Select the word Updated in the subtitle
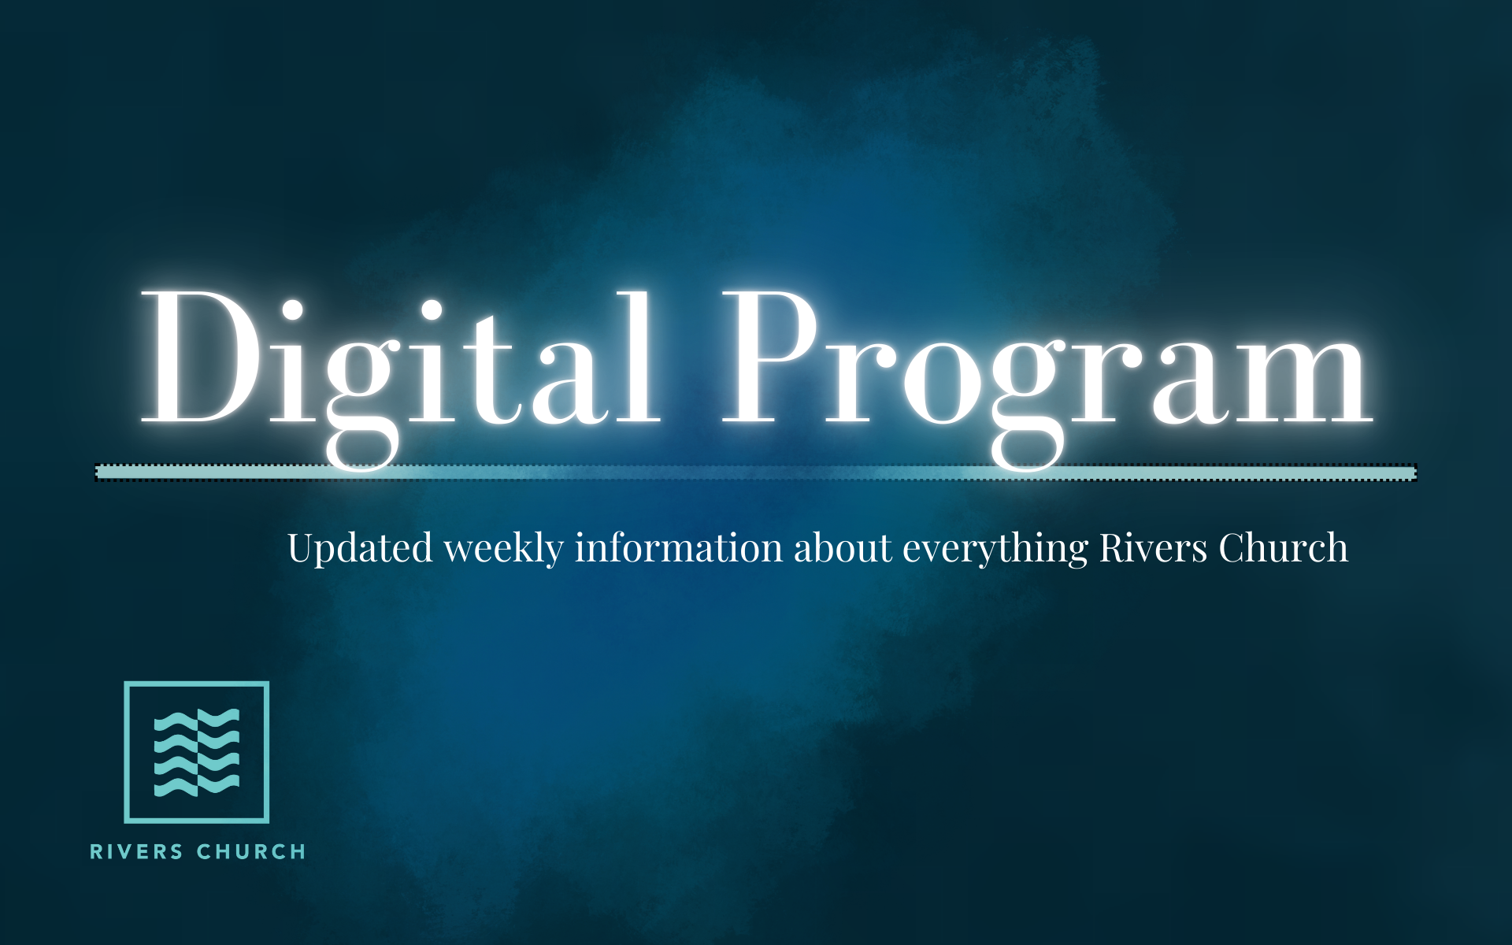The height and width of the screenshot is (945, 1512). [x=360, y=549]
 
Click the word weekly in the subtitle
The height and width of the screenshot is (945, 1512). [x=504, y=549]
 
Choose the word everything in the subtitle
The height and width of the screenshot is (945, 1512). [x=995, y=549]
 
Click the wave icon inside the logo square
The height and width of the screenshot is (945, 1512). [x=197, y=752]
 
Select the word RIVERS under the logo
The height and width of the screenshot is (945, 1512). [x=136, y=852]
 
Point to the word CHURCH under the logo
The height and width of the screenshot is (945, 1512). [x=251, y=852]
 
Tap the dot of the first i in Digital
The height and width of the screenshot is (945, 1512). [x=292, y=310]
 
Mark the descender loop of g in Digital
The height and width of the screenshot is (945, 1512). [x=361, y=449]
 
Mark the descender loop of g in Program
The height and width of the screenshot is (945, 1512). [x=1027, y=449]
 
